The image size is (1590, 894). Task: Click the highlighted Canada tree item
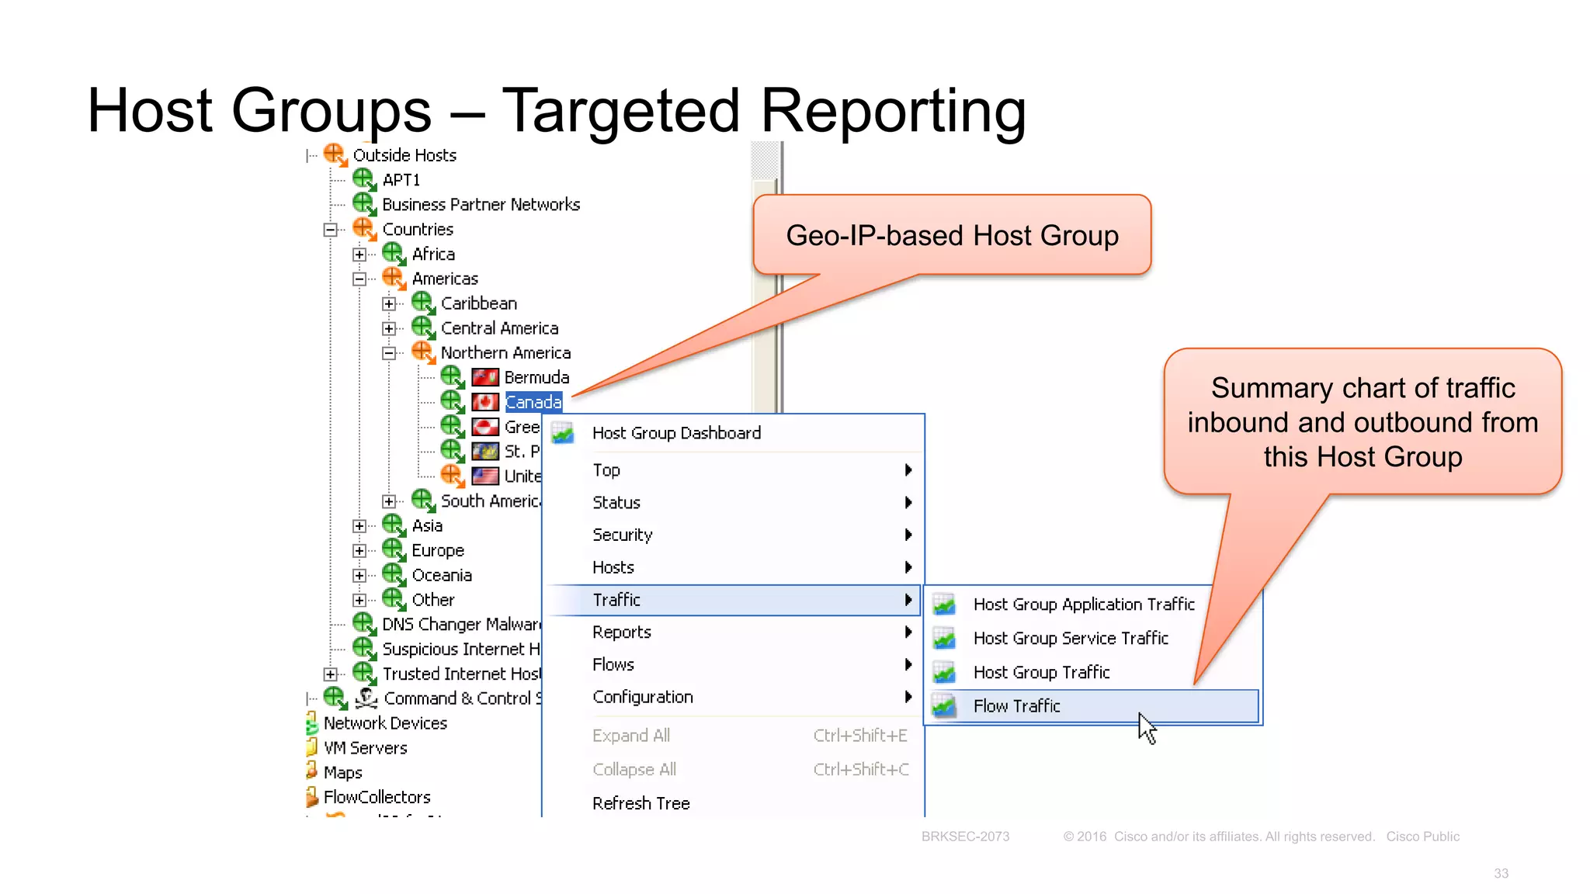pos(533,402)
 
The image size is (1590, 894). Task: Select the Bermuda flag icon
pos(485,378)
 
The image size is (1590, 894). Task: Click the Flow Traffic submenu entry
pos(1016,706)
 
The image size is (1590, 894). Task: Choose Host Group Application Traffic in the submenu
pos(1084,605)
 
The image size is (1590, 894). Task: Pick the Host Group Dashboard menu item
pos(676,433)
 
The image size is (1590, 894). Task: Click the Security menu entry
pos(622,535)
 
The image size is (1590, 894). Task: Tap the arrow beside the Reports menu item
pos(908,632)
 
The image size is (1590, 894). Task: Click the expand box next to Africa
pos(359,255)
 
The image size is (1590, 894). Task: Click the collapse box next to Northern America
pos(389,353)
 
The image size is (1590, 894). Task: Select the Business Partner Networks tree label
pos(481,205)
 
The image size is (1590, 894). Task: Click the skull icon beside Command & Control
pos(366,698)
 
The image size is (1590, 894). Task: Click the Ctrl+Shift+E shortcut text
pos(859,736)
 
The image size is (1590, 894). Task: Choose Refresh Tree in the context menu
pos(641,803)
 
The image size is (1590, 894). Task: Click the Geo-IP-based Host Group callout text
pos(952,235)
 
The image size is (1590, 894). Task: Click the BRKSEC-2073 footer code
pos(965,837)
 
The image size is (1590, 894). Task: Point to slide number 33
pos(1501,874)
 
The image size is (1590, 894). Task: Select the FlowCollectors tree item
pos(377,797)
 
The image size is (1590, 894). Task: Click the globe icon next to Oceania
pos(394,575)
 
